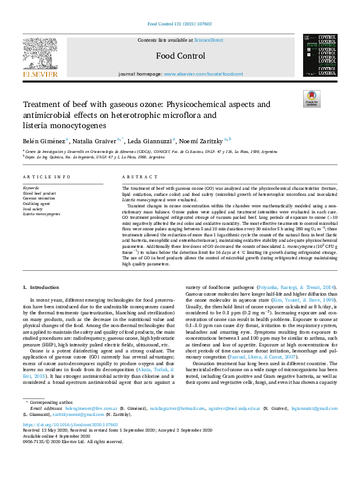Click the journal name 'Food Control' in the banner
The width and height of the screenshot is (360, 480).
180,56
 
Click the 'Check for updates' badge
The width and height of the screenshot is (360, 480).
311,99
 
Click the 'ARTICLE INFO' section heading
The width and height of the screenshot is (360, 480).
41,177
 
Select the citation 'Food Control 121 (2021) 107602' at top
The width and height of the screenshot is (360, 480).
180,25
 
